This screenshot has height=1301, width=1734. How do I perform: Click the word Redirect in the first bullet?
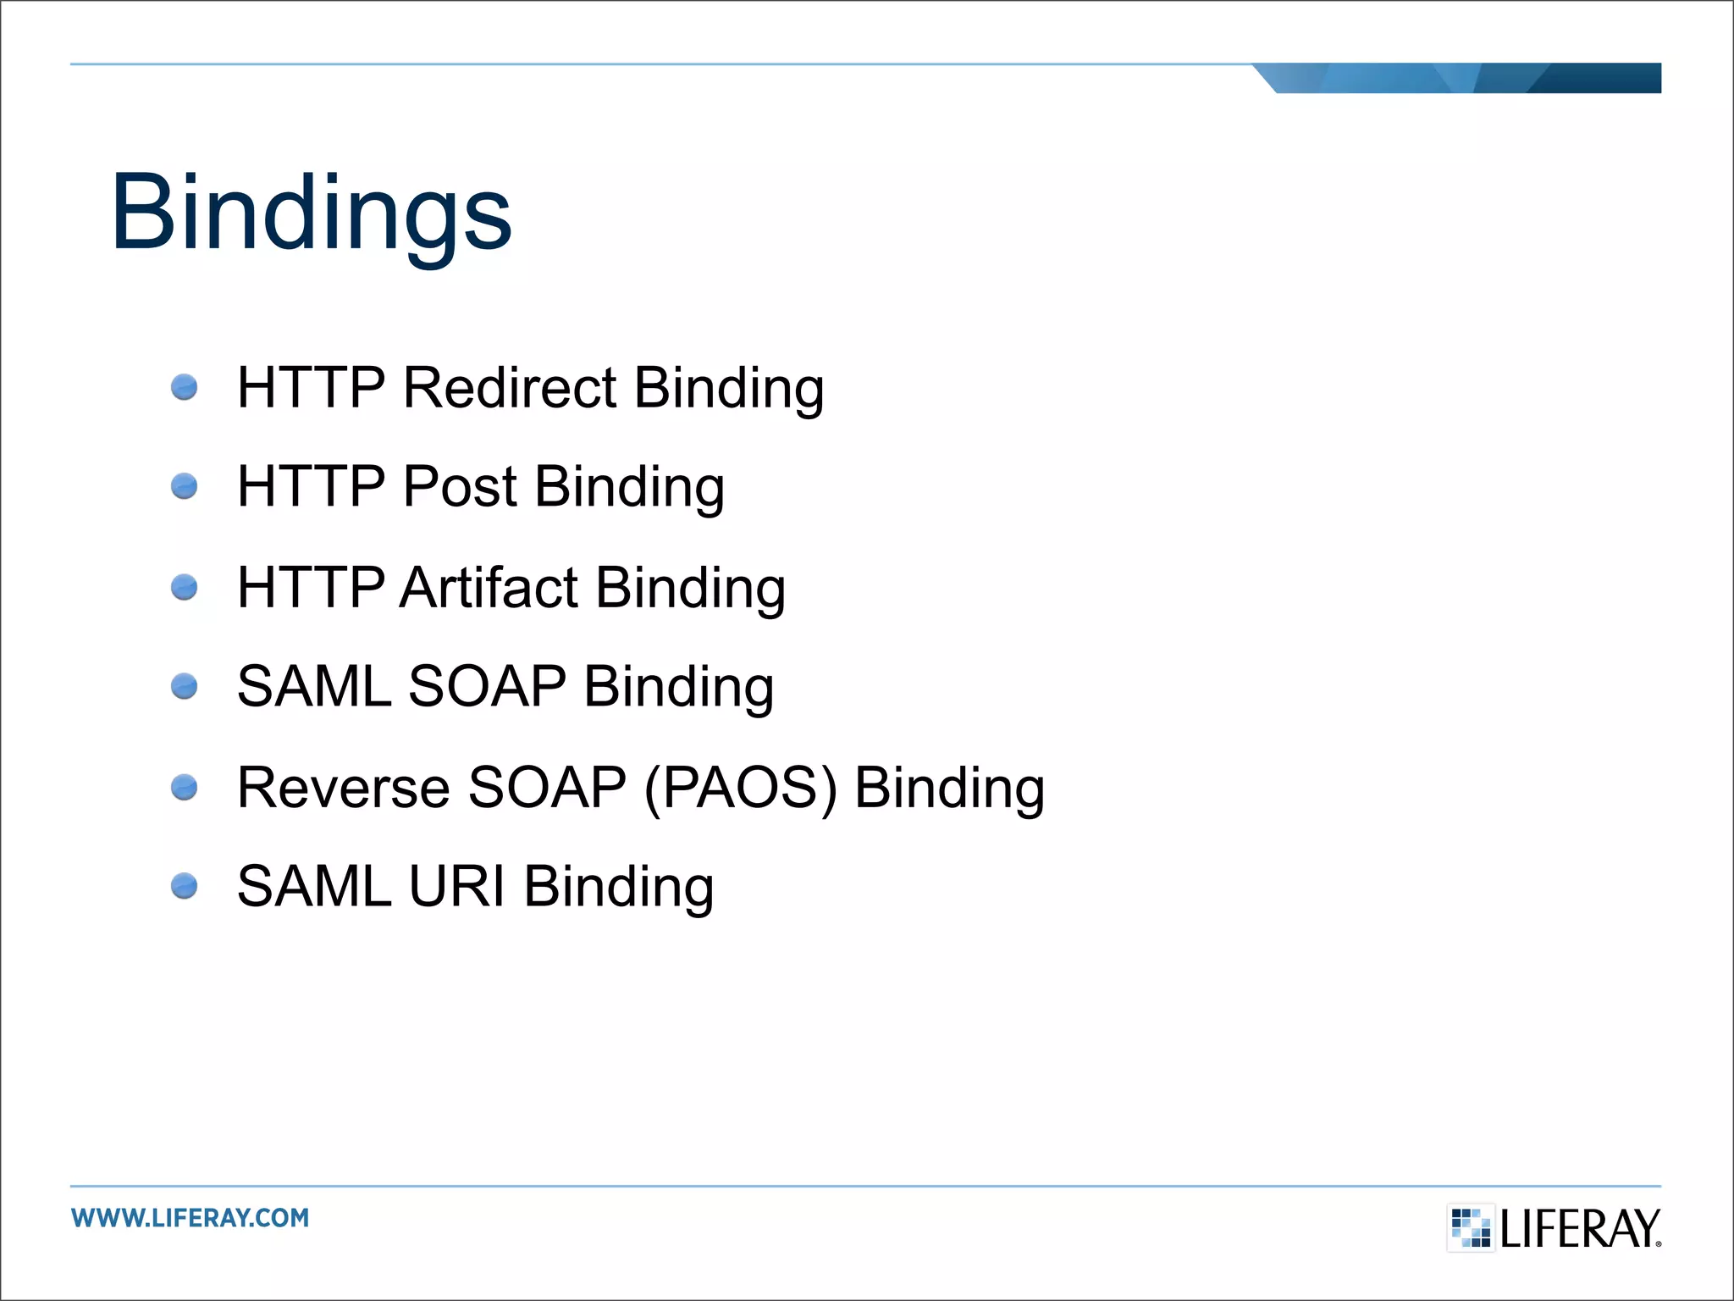point(510,388)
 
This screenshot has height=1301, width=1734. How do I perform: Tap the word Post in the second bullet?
point(460,487)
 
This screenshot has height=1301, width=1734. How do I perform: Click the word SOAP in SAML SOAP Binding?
point(487,686)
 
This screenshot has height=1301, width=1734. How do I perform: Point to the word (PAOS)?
point(741,788)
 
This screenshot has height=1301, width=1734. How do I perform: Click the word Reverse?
point(343,788)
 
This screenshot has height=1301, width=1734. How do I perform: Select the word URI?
point(456,887)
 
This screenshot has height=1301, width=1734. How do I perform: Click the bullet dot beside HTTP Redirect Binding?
point(184,388)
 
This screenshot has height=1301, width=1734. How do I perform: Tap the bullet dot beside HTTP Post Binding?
point(184,487)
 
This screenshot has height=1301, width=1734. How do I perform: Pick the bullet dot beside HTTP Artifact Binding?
point(184,587)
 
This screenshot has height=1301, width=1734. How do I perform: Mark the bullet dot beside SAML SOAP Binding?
point(184,686)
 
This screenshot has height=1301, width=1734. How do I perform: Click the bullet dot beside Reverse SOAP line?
point(184,788)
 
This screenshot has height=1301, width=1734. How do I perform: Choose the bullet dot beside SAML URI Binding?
point(184,887)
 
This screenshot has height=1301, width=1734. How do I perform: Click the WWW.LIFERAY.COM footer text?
point(191,1218)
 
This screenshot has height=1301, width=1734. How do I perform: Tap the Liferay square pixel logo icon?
point(1471,1227)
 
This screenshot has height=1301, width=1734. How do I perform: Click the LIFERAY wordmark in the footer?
point(1580,1229)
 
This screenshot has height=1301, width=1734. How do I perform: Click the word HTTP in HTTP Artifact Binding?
point(311,588)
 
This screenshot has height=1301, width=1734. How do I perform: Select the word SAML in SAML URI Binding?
point(314,887)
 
